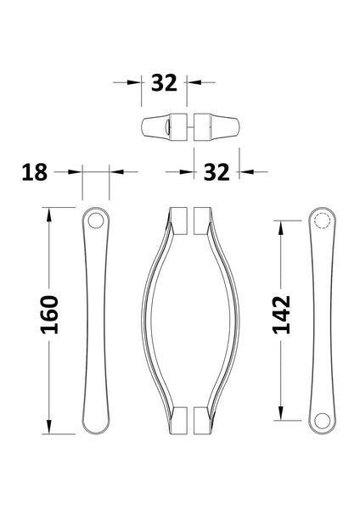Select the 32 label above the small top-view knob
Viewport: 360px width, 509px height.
[163, 83]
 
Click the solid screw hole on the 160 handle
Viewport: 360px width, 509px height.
[95, 222]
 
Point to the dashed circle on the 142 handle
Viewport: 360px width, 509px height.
[321, 222]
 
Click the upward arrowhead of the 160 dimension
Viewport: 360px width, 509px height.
[49, 213]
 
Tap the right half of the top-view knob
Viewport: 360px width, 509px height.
[216, 127]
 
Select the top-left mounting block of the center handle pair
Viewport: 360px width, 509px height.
[179, 219]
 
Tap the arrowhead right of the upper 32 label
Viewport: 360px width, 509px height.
[193, 83]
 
